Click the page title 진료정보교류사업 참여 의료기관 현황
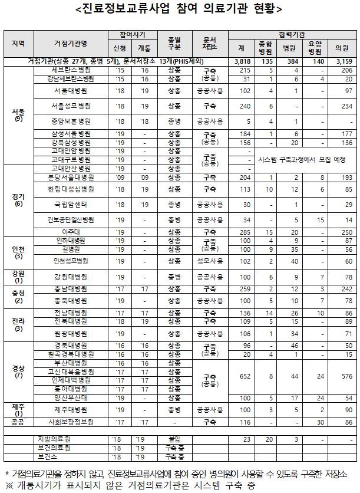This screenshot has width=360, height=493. [x=180, y=9]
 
